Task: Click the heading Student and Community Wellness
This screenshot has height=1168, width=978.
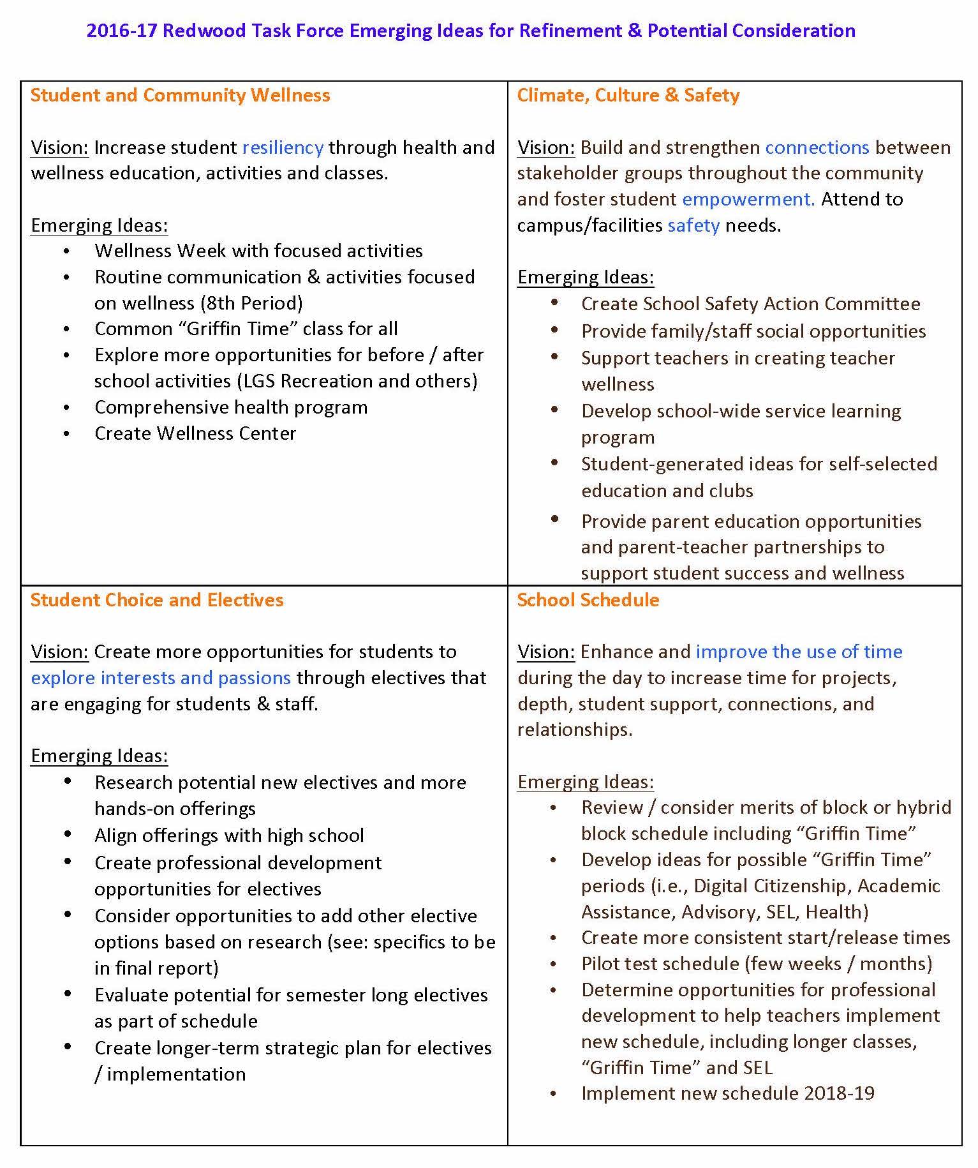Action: [180, 96]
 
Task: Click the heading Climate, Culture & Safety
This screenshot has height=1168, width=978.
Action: [628, 96]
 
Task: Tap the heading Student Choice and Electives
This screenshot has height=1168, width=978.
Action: [157, 600]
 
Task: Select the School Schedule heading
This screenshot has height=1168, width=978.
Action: [588, 600]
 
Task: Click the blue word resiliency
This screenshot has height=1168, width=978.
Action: [283, 147]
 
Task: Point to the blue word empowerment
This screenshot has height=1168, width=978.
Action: [748, 199]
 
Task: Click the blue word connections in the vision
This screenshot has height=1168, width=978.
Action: [817, 147]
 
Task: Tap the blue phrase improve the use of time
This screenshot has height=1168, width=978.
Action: [799, 652]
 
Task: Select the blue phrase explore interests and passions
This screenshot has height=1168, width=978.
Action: [161, 678]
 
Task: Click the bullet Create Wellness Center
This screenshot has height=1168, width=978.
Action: [195, 433]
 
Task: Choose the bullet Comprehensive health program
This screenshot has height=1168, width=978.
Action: [231, 407]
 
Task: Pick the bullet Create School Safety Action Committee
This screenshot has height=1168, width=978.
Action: [750, 304]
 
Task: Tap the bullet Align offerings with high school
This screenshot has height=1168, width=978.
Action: [229, 835]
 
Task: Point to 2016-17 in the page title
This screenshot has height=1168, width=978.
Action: [121, 31]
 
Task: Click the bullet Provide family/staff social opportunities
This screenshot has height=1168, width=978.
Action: [753, 331]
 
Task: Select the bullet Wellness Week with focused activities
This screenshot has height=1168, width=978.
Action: [258, 251]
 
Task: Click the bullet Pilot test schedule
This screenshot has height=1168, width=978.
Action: [757, 964]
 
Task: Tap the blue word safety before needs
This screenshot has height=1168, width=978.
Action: [693, 225]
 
